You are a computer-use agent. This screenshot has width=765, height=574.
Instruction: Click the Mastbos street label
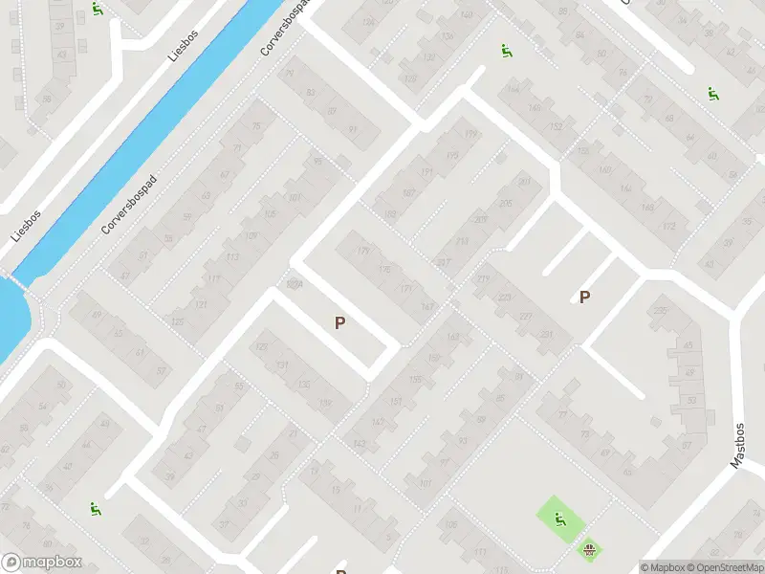(738, 446)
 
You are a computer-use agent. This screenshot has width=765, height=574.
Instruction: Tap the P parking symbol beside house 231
(584, 297)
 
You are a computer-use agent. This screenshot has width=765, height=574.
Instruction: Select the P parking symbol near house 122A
(339, 323)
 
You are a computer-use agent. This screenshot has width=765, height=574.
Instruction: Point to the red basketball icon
(590, 549)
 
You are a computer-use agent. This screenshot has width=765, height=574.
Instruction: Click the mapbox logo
(42, 563)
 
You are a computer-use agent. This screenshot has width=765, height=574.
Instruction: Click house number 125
(177, 321)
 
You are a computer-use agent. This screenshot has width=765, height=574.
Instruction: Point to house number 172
(668, 227)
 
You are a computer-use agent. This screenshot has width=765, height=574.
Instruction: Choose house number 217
(443, 262)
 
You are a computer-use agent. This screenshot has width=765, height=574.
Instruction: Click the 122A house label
(295, 284)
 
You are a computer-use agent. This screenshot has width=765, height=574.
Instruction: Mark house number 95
(318, 162)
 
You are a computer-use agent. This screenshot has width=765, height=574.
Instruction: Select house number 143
(360, 443)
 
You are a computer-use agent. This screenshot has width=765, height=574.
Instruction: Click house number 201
(523, 182)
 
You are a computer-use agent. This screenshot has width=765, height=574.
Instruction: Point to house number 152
(556, 127)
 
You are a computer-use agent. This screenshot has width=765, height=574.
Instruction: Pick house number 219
(483, 278)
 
